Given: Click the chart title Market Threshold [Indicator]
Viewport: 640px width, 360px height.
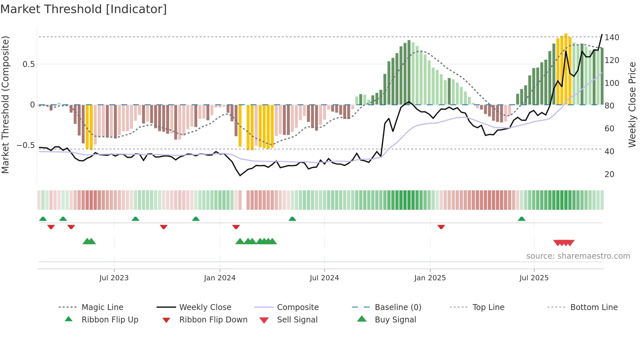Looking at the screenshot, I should (84, 9).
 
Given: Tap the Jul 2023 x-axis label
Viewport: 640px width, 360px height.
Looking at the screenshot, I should (114, 278).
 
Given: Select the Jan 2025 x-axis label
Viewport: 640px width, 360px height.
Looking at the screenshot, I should (430, 278).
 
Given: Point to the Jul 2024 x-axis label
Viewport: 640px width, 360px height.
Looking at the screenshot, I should (324, 278).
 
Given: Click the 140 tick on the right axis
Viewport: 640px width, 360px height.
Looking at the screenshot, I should (612, 38).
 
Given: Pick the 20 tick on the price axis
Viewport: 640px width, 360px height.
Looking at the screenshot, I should (609, 174).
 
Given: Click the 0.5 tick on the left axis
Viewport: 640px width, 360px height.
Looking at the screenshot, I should (29, 64).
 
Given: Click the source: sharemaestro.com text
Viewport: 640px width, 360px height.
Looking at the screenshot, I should (578, 256).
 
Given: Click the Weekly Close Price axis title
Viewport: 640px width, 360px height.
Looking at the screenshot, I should (632, 105).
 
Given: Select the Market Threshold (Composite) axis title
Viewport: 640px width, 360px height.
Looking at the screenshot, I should (5, 105).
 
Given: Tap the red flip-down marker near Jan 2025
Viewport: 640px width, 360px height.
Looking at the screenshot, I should (441, 227).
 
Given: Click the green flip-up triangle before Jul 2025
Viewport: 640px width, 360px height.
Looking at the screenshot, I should (521, 219).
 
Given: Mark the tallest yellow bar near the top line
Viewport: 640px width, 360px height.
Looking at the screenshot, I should (566, 69).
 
